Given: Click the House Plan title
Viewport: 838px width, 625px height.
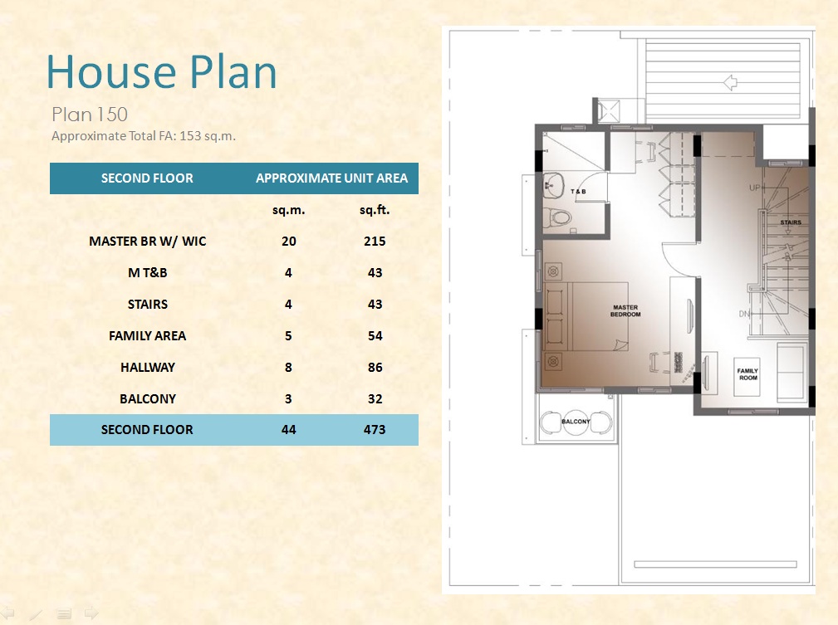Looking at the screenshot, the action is (161, 71).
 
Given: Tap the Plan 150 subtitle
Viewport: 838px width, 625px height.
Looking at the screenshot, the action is (90, 115).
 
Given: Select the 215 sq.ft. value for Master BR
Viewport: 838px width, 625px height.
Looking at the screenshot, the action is (375, 242).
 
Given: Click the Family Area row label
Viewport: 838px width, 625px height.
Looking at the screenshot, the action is (148, 336).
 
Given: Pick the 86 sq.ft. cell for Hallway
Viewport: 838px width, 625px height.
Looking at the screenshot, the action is (375, 368).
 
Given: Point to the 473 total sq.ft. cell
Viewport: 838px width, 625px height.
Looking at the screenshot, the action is (375, 429).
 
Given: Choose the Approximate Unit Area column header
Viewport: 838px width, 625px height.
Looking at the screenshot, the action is (332, 178).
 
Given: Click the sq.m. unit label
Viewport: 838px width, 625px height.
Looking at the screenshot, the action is (288, 210).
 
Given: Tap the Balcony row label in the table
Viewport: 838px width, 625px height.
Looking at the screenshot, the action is (148, 399).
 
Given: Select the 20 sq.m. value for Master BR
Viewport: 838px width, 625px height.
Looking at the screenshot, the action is (288, 242).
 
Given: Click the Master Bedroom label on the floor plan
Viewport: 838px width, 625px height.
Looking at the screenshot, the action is (625, 311).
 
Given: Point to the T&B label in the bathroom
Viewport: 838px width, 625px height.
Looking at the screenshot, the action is (578, 191).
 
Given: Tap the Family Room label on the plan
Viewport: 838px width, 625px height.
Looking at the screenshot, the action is (747, 374).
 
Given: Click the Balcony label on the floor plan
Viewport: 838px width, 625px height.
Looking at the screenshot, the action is (576, 422).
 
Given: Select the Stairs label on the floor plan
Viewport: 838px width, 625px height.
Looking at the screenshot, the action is (791, 222).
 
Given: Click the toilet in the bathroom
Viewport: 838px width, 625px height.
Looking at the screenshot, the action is (557, 217).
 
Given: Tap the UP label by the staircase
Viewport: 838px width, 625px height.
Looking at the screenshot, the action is (754, 188).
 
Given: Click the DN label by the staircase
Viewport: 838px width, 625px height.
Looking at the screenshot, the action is (744, 314).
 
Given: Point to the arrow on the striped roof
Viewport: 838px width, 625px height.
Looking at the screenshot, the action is (730, 82).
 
